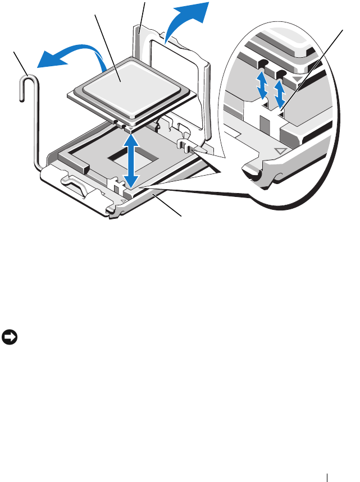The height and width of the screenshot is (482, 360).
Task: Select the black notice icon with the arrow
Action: [10, 338]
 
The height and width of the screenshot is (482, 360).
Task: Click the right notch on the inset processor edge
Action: [281, 74]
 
